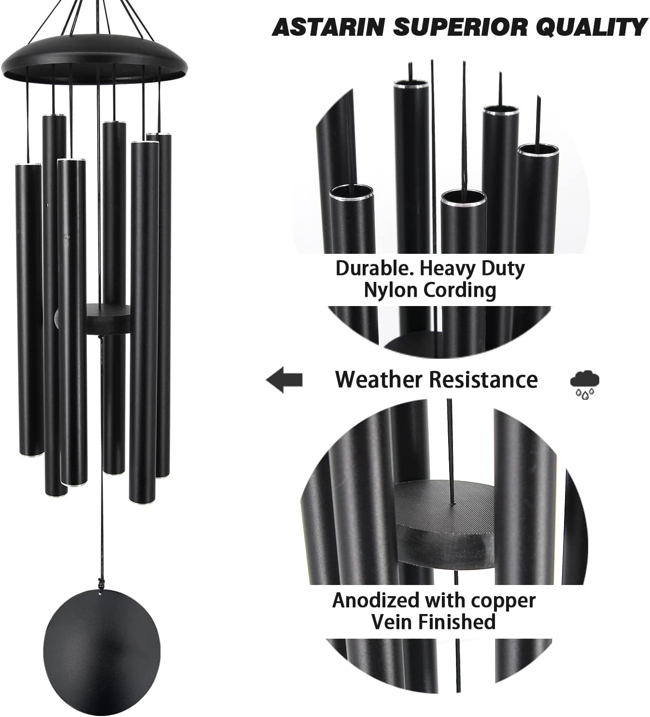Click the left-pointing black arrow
click(x=284, y=380)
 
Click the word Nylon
click(x=391, y=291)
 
